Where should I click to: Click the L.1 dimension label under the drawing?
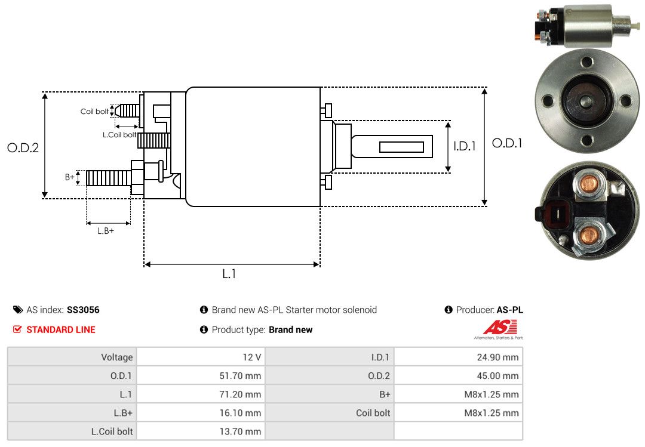(229, 274)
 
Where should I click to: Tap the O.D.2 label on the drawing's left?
(23, 147)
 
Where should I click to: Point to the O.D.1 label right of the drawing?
(507, 143)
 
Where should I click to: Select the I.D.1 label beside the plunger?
(465, 146)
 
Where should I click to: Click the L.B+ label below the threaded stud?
(106, 230)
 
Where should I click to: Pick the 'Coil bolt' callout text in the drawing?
(94, 112)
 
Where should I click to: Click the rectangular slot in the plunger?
(401, 147)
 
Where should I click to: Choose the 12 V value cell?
(250, 357)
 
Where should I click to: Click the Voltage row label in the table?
(116, 357)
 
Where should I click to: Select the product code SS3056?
(83, 310)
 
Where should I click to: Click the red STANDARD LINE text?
(60, 329)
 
